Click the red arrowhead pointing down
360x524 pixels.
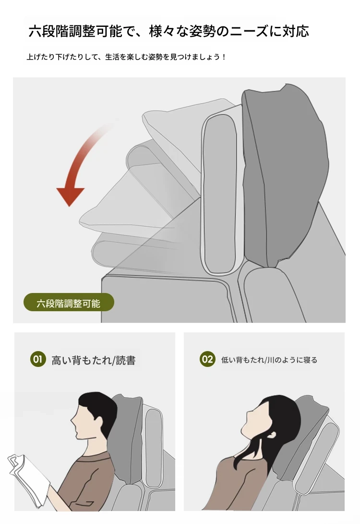click(x=70, y=196)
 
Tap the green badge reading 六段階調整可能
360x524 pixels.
click(x=69, y=303)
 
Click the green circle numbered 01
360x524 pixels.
click(x=38, y=359)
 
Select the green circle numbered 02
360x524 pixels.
click(x=207, y=359)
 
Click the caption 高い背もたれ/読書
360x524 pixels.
click(x=94, y=360)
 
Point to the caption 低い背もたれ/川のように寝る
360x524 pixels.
click(x=269, y=360)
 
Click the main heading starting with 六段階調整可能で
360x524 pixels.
click(x=168, y=31)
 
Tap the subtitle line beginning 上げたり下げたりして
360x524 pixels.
click(x=126, y=57)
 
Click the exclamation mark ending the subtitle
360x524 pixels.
click(x=224, y=57)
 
